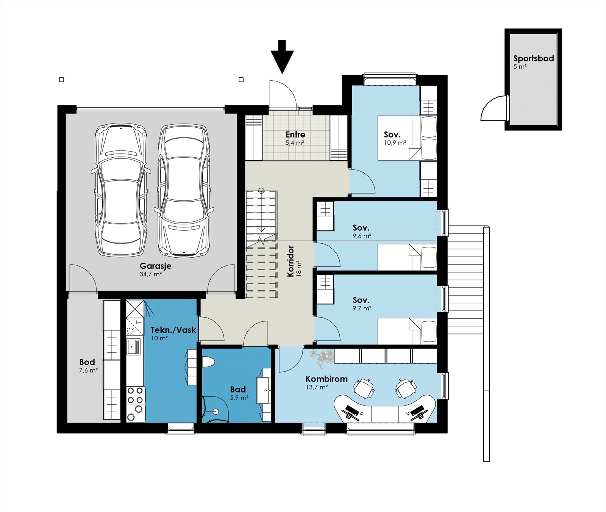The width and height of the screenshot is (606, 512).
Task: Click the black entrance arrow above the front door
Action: pos(282,56)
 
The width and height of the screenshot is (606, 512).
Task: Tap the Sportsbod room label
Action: pos(534,58)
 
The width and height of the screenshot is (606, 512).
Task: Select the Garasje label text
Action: pos(155,266)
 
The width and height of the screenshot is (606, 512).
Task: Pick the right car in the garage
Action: pos(184,190)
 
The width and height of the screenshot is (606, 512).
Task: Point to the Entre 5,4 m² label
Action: pos(295,138)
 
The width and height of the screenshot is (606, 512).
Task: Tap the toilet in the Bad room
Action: pos(209,362)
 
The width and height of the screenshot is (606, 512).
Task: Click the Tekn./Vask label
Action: pos(173,330)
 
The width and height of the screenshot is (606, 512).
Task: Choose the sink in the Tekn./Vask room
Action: pos(133,346)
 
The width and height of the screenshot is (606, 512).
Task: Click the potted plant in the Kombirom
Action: pos(322,358)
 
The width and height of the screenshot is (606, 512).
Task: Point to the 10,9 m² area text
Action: pos(395,143)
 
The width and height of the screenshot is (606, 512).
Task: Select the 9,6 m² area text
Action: pos(362,236)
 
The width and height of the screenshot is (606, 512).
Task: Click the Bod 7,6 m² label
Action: pos(88,366)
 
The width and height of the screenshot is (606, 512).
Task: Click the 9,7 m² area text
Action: pos(362,308)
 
